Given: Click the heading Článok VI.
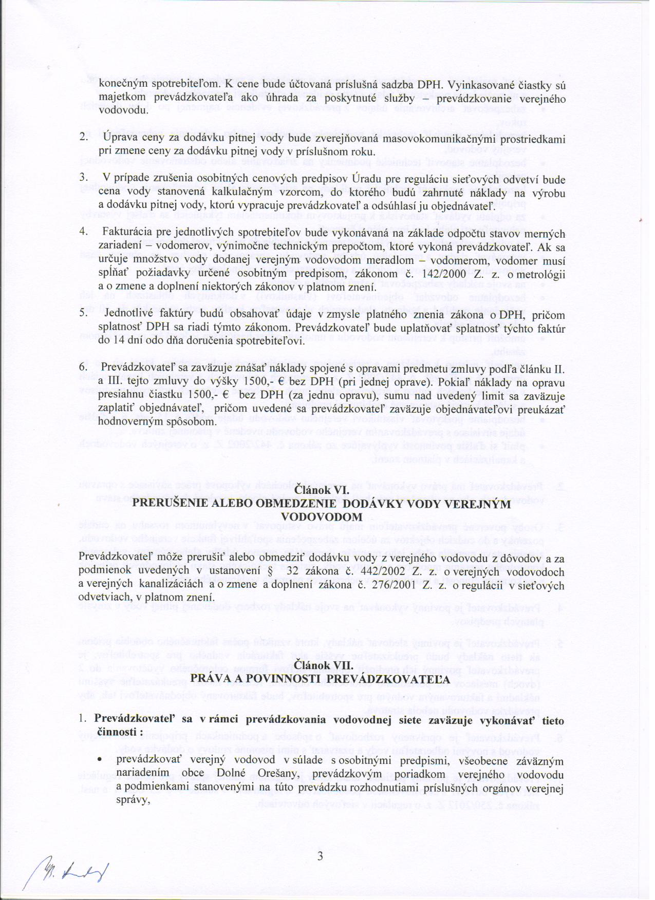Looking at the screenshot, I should pyautogui.click(x=322, y=491).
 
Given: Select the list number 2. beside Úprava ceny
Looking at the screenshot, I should pyautogui.click(x=83, y=138).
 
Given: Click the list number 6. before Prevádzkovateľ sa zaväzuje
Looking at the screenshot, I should pyautogui.click(x=83, y=368).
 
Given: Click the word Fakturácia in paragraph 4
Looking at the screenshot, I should pyautogui.click(x=126, y=232).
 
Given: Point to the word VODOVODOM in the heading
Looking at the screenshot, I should pyautogui.click(x=322, y=516).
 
